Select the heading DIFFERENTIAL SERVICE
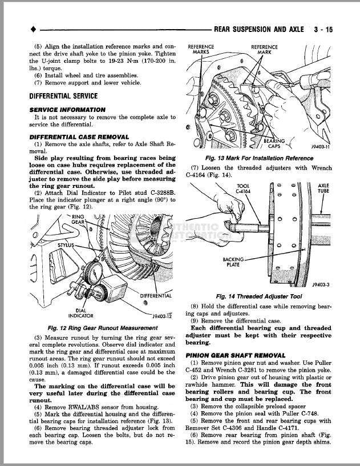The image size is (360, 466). (63, 96)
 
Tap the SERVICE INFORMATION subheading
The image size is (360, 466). (67, 109)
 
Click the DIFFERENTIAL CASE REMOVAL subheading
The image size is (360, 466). (79, 137)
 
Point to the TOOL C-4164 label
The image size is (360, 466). (242, 188)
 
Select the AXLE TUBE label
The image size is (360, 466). (323, 188)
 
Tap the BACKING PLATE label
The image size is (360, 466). (233, 262)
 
